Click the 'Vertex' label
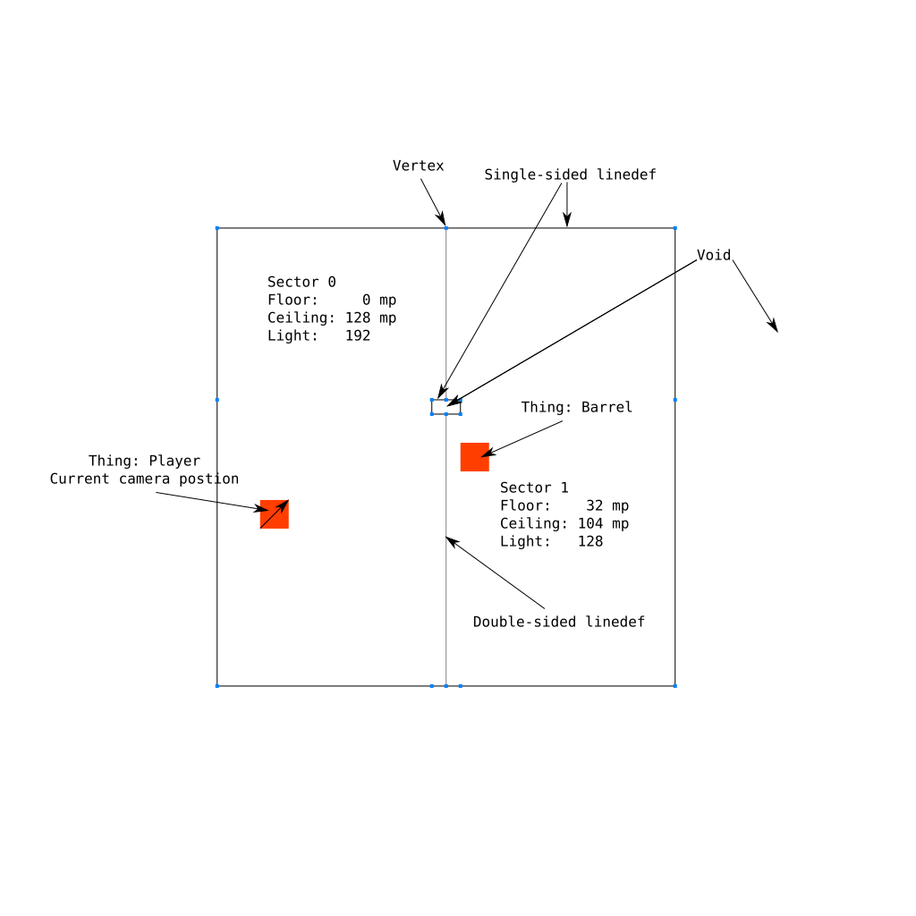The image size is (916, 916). [x=419, y=165]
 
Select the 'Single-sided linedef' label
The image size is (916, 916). [x=570, y=174]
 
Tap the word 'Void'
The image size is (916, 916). [x=714, y=255]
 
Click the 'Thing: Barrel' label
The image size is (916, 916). [x=577, y=407]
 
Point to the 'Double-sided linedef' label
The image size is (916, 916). [x=559, y=622]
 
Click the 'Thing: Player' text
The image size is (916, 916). [x=144, y=461]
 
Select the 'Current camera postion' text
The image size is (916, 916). [x=144, y=479]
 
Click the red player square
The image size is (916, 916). [x=275, y=514]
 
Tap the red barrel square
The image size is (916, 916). [x=475, y=457]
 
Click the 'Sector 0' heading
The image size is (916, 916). [x=301, y=282]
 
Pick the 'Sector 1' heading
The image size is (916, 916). [x=534, y=488]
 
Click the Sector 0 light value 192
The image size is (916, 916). [x=358, y=336]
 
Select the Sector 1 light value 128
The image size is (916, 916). [x=590, y=541]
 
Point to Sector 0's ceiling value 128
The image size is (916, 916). [x=358, y=318]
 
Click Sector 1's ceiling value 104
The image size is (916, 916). [x=590, y=523]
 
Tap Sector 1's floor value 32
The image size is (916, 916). [x=595, y=506]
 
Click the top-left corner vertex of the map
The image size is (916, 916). [x=217, y=228]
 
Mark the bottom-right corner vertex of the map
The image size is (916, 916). [x=675, y=686]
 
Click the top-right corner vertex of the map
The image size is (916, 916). [x=675, y=228]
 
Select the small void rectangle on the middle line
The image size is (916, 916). [x=446, y=400]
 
